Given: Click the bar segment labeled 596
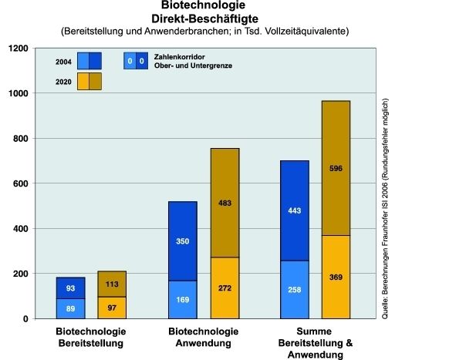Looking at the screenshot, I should click(x=336, y=168).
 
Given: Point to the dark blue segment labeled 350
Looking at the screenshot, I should click(x=183, y=241).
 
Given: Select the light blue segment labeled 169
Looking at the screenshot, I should click(x=183, y=299).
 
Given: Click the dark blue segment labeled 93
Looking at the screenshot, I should click(x=71, y=288).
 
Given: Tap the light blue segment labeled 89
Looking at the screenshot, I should click(x=71, y=308).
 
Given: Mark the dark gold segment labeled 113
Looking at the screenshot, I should click(x=112, y=284).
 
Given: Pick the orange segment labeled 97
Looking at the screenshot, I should click(x=112, y=308).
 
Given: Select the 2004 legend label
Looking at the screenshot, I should click(x=64, y=60).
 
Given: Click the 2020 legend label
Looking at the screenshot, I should click(x=64, y=81).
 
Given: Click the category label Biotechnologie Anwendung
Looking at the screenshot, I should click(x=204, y=336).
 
